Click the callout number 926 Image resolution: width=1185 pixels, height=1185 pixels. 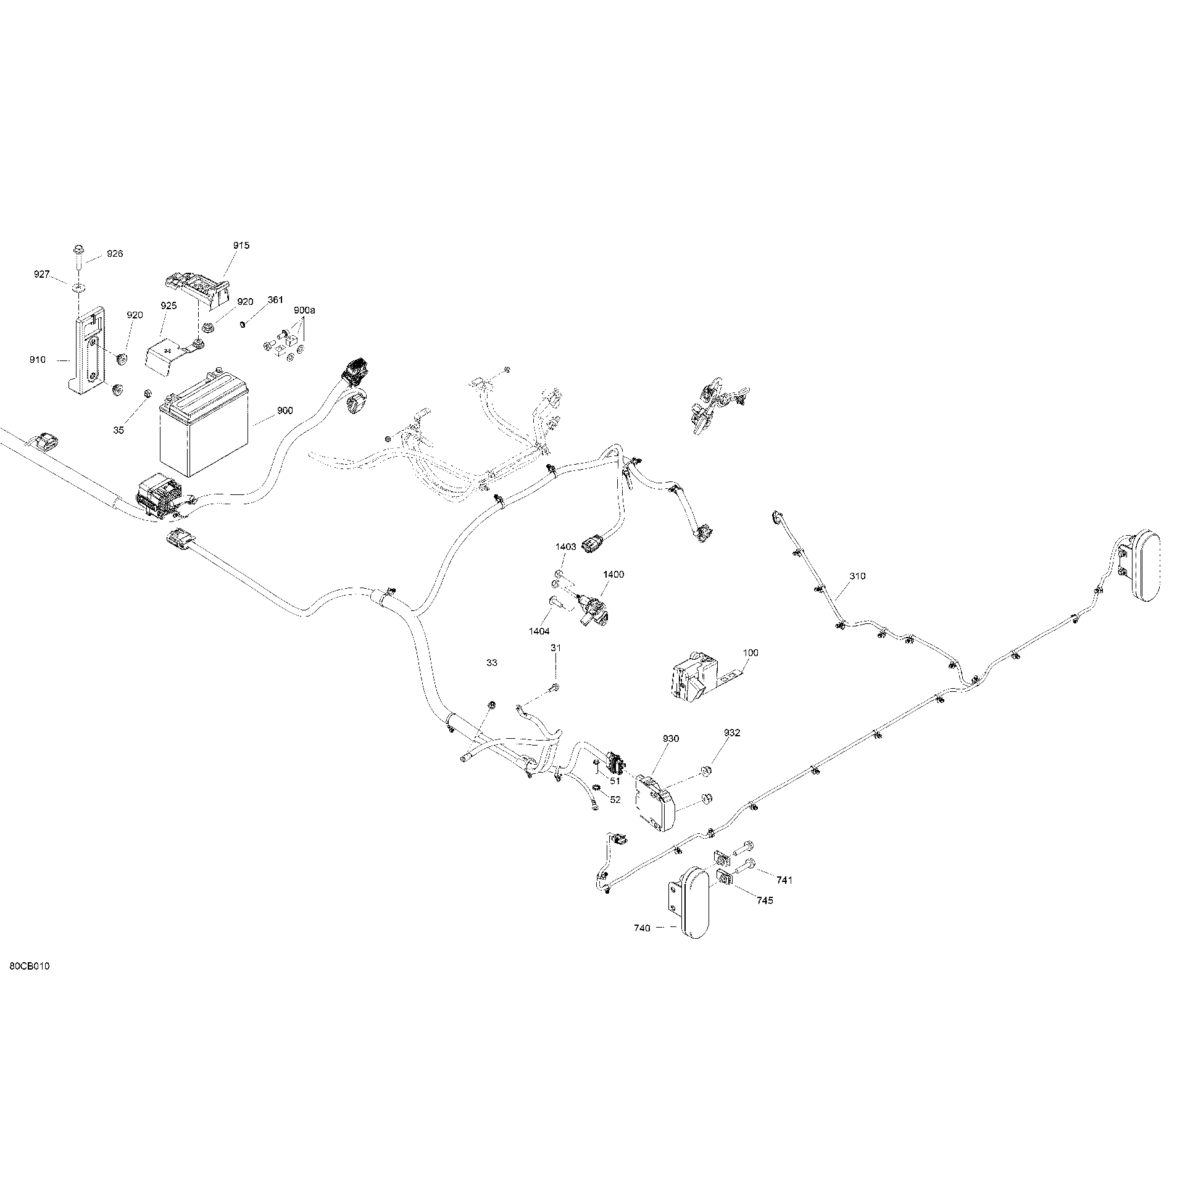(115, 254)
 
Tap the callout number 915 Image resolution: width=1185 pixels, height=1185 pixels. (241, 245)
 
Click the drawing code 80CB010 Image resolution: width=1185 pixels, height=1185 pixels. (30, 983)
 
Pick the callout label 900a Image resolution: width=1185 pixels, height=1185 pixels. (304, 310)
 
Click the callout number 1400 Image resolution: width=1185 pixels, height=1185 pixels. (613, 575)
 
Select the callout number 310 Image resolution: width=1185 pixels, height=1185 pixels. (857, 576)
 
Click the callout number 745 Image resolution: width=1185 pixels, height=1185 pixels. (765, 900)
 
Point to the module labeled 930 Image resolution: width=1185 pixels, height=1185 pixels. (655, 801)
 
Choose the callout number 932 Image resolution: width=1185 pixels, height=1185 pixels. (732, 733)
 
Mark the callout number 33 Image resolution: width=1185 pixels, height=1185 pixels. (492, 663)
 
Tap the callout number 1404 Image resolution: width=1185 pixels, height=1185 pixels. (539, 631)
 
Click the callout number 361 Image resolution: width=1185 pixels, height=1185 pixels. (275, 300)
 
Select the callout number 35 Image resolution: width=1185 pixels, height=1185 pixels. (118, 430)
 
